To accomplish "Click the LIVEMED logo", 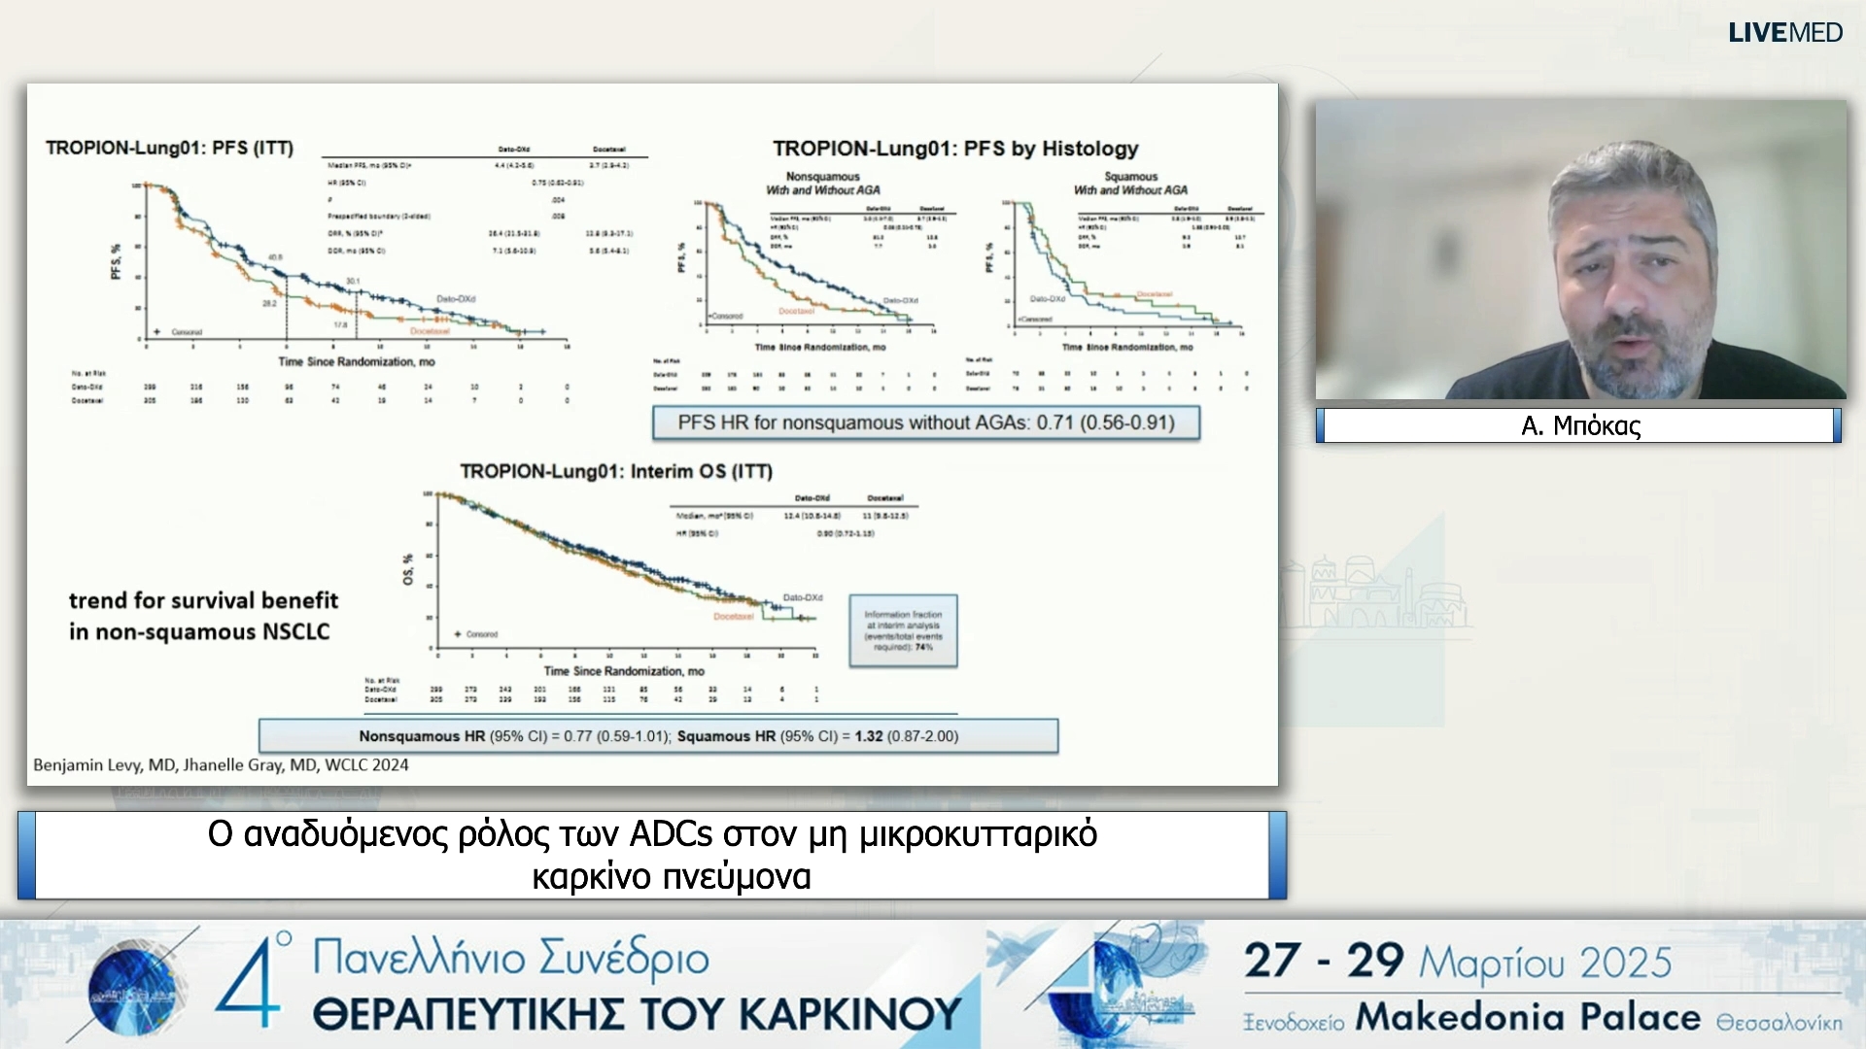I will point(1784,33).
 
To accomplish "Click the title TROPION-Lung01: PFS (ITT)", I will point(169,148).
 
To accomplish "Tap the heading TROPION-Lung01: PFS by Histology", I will point(955,149).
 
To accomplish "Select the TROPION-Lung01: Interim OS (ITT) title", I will point(616,472).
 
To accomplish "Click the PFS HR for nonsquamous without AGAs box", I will point(925,423).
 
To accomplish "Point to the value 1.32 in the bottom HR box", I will point(869,736).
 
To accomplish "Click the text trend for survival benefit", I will point(203,600).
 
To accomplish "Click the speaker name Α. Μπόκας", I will point(1580,425).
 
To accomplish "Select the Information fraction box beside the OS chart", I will point(903,630).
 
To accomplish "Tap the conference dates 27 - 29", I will point(1324,962).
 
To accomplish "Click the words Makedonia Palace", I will point(1528,1017).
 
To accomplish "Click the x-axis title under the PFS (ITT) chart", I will point(357,362).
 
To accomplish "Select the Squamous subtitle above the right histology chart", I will point(1130,177).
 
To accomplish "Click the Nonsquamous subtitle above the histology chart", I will point(822,177).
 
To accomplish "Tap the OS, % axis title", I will point(408,569).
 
